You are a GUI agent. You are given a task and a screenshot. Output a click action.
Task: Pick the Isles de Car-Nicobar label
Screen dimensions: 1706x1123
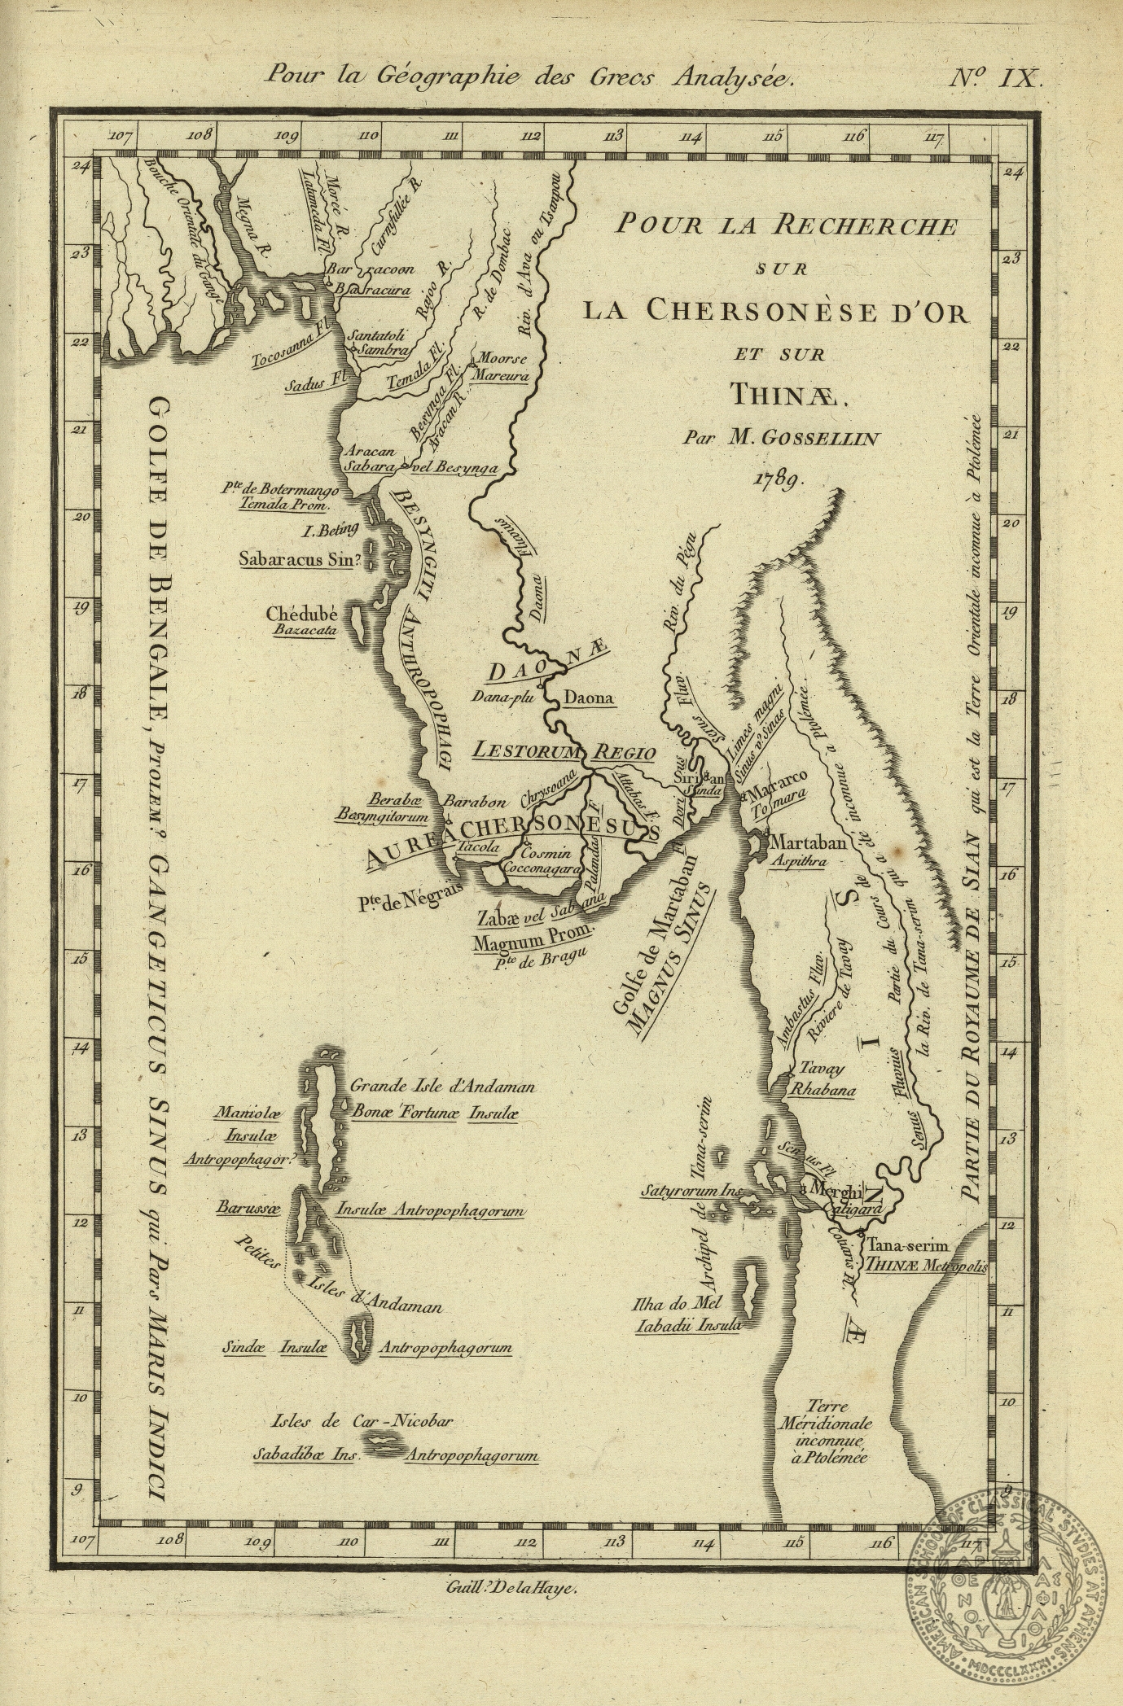(362, 1421)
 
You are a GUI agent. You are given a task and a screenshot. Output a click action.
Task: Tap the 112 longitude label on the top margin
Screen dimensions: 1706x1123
(532, 136)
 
